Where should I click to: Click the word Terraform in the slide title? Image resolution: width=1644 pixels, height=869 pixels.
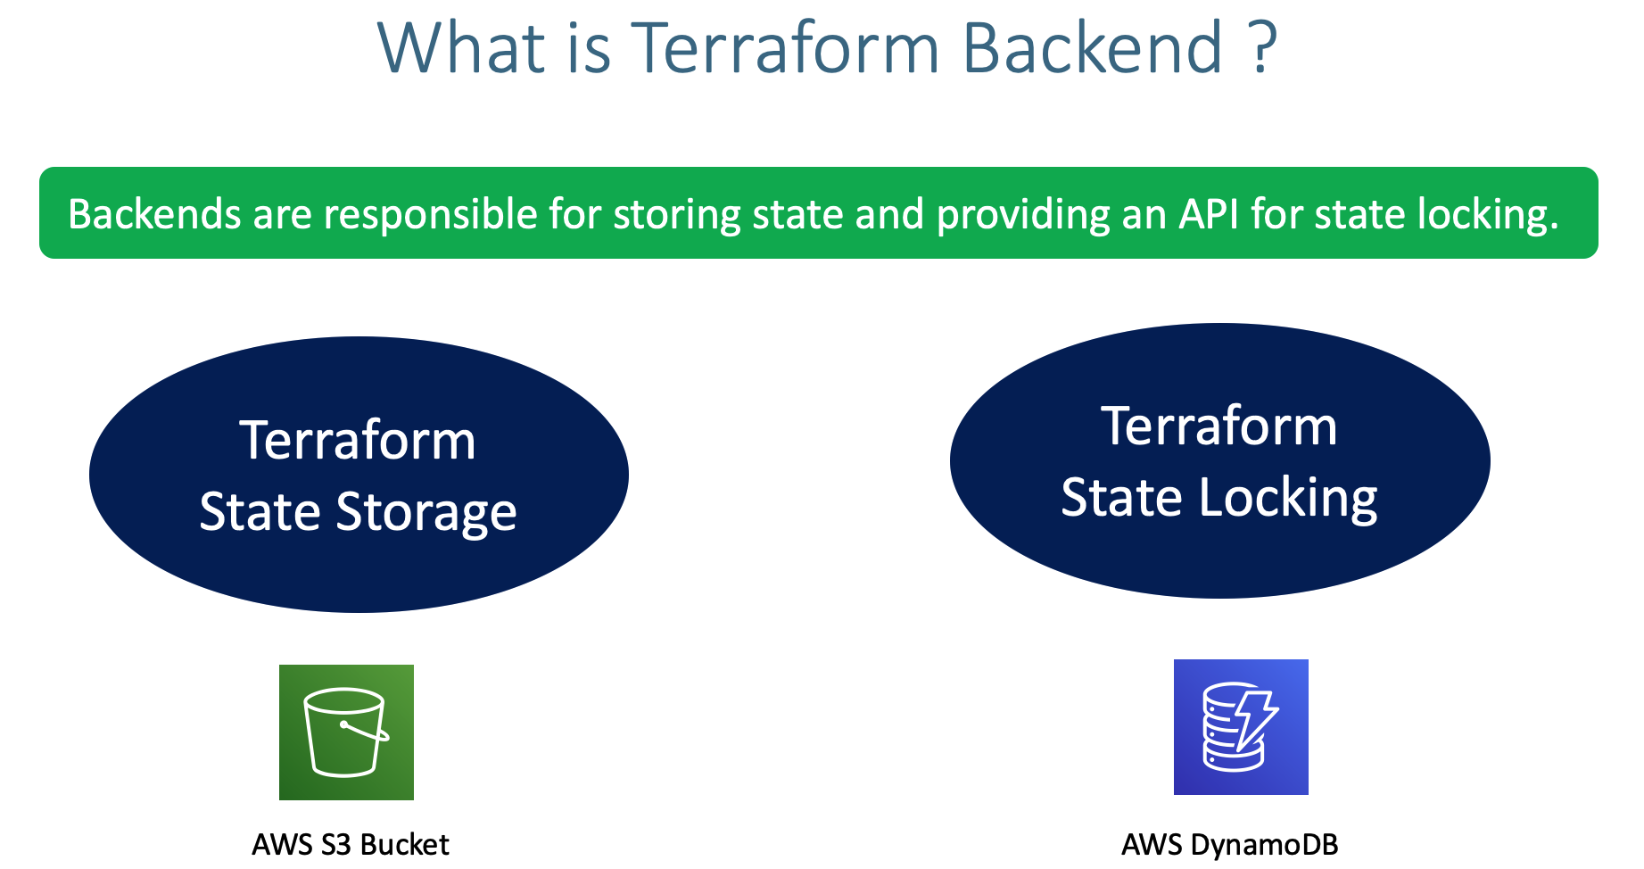[x=785, y=48]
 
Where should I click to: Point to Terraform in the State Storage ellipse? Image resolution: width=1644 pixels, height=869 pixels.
[x=358, y=441]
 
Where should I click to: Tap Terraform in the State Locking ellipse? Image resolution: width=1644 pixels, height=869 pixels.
[x=1219, y=426]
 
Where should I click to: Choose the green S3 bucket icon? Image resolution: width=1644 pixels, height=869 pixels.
[x=346, y=732]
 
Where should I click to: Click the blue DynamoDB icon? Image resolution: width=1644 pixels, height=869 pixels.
[x=1240, y=726]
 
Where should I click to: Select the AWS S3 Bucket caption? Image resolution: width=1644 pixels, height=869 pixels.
[x=350, y=844]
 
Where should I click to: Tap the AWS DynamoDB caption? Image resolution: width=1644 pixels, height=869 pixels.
[x=1229, y=844]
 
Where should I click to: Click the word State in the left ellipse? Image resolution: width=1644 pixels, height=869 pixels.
[x=260, y=513]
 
